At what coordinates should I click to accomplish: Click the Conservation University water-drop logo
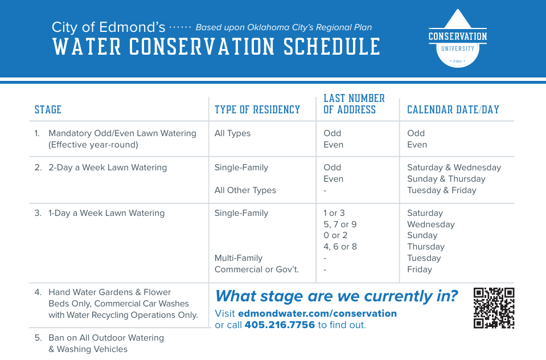click(x=458, y=39)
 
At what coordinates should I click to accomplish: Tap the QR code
click(x=494, y=308)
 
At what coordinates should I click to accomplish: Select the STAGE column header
click(x=48, y=110)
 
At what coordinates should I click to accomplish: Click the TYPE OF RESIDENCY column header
click(x=257, y=110)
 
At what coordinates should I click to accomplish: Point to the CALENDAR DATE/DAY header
click(x=453, y=110)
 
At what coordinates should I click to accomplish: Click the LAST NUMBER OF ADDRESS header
click(x=354, y=104)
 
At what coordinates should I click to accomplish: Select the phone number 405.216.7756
click(x=280, y=325)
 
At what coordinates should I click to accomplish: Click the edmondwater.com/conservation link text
click(x=317, y=313)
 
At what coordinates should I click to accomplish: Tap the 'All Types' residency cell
click(x=233, y=133)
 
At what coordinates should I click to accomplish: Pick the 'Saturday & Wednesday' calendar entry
click(x=454, y=167)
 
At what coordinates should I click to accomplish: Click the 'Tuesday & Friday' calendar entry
click(x=442, y=190)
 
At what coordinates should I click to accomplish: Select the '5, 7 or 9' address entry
click(x=340, y=224)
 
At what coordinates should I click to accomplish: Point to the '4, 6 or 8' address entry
click(x=340, y=247)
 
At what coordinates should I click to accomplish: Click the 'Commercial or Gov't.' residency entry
click(x=257, y=269)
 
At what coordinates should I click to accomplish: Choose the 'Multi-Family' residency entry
click(x=239, y=258)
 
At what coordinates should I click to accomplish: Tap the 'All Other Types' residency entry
click(x=245, y=190)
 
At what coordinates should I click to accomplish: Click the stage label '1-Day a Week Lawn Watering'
click(x=106, y=213)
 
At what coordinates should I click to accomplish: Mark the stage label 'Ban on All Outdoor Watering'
click(x=106, y=338)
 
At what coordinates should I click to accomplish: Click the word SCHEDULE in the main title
click(x=331, y=47)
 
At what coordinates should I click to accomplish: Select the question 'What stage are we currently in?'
click(x=336, y=296)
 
